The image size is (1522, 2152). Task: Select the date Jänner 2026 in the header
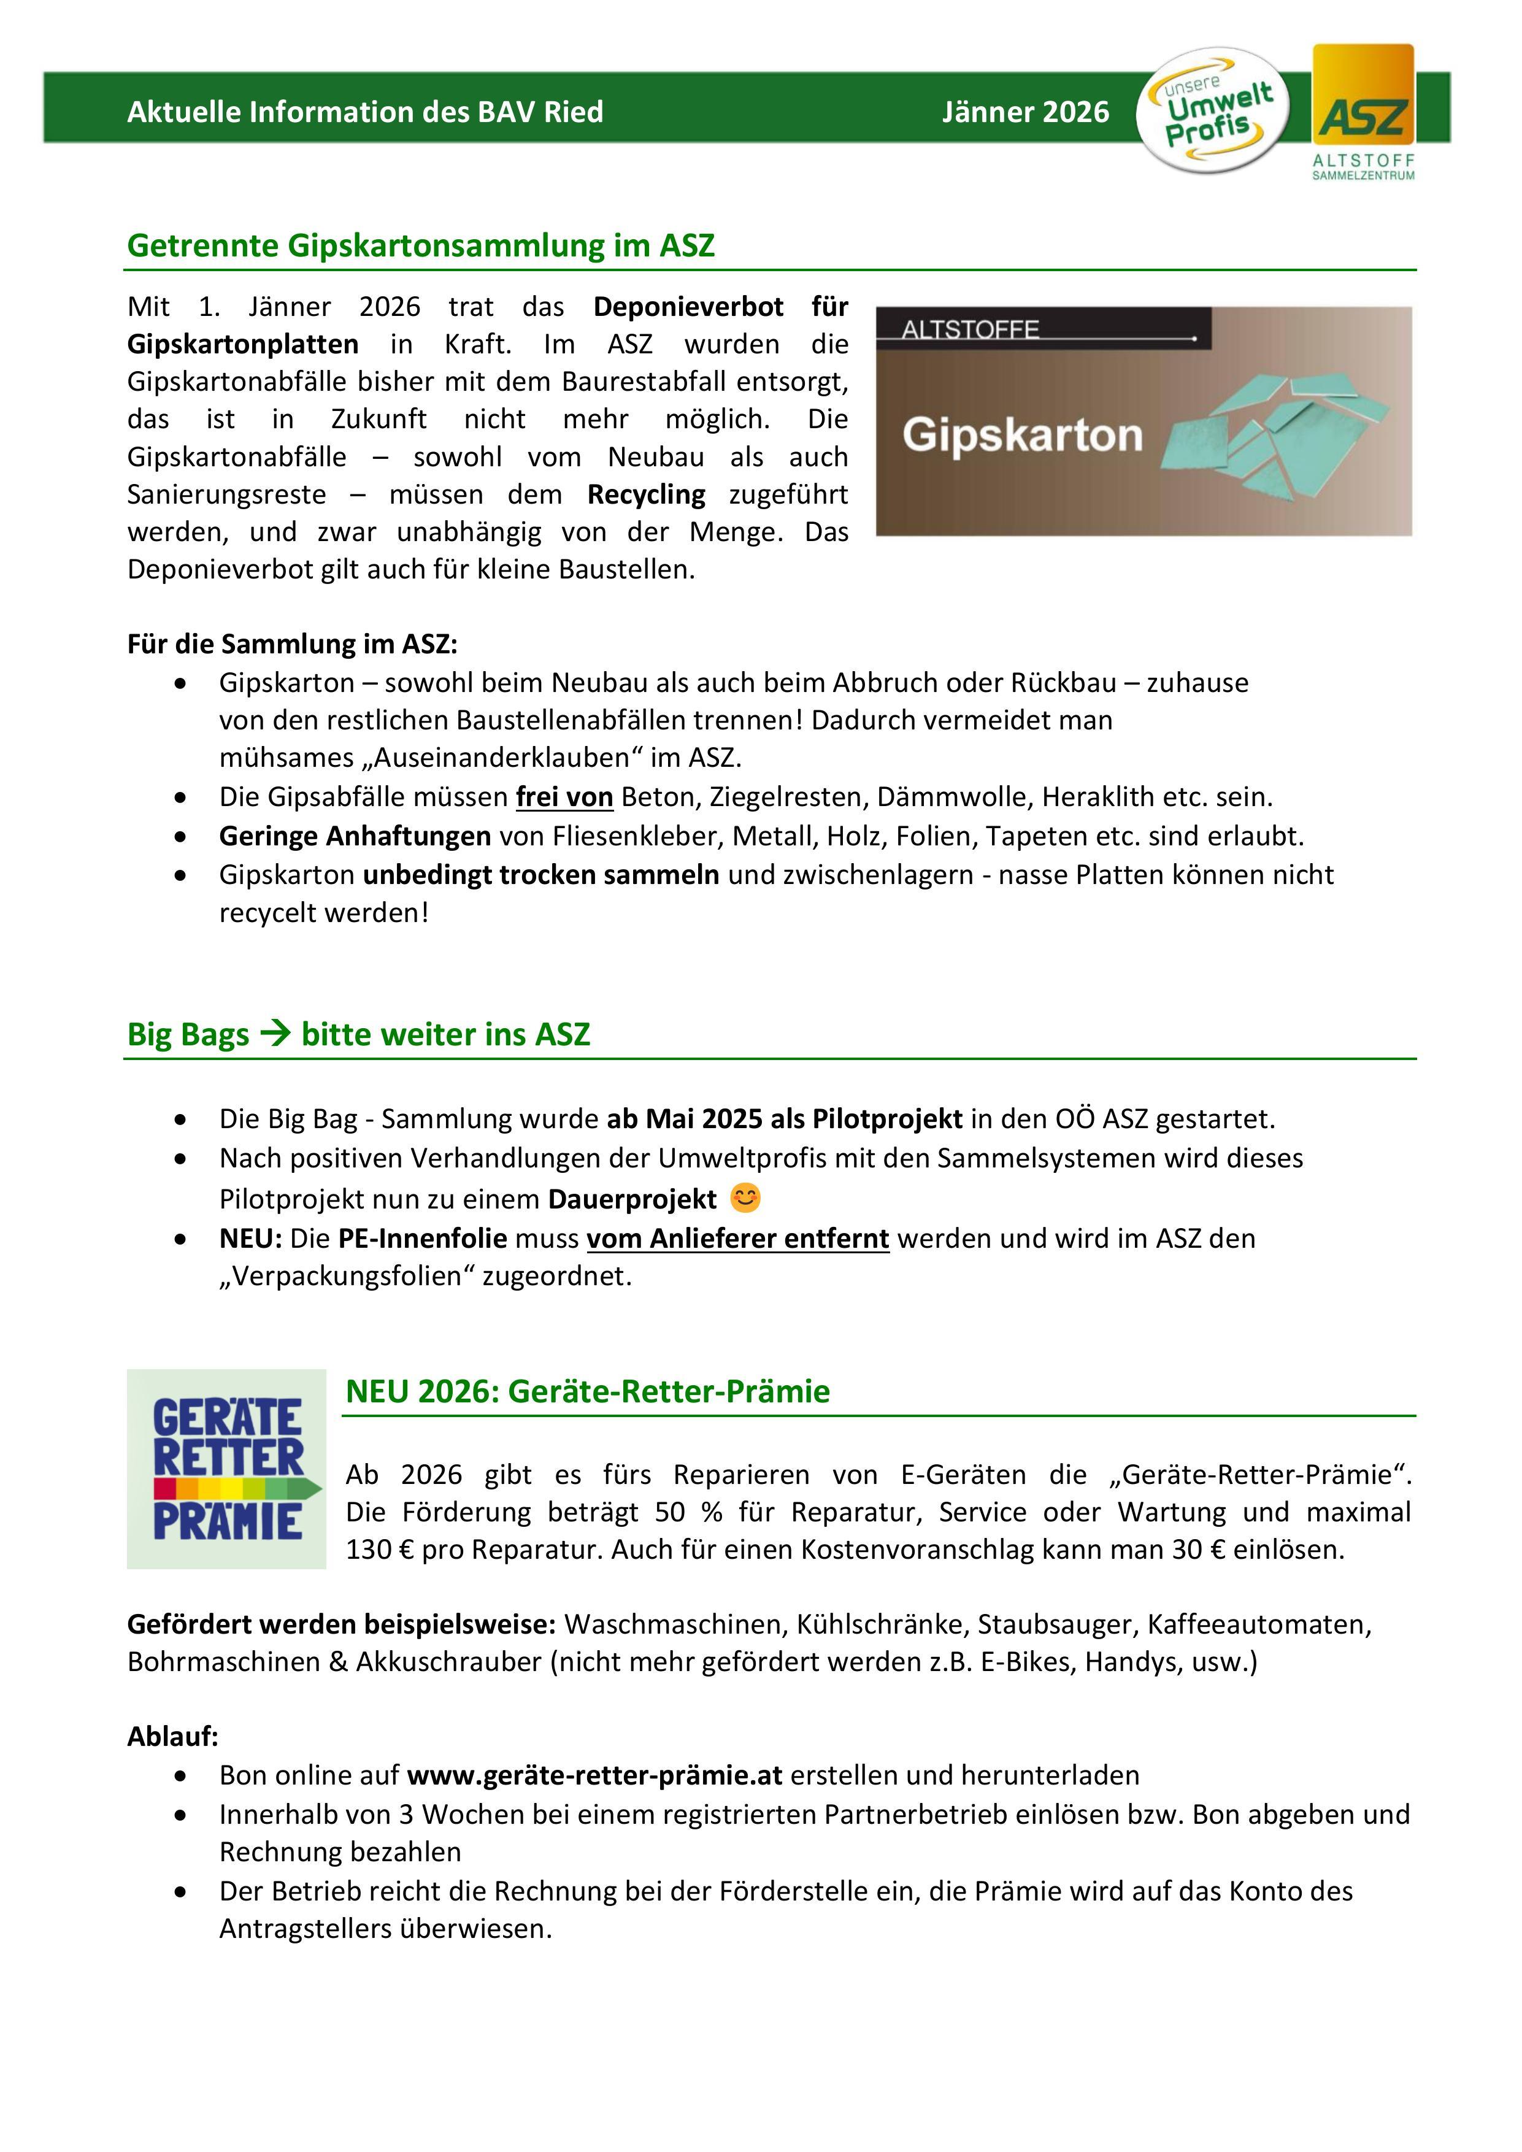1025,112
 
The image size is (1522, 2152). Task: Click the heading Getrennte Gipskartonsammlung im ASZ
421,245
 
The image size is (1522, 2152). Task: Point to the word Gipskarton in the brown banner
1023,436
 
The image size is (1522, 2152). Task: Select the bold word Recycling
647,494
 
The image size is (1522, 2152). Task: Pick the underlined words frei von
564,797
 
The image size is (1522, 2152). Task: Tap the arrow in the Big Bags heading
275,1034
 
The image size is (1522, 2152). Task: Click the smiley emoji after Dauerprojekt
745,1198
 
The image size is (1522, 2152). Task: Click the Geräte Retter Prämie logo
227,1469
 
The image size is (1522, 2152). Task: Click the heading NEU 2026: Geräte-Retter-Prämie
588,1391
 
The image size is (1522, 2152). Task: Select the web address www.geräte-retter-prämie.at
594,1775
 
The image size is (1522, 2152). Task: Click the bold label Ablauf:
172,1736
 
